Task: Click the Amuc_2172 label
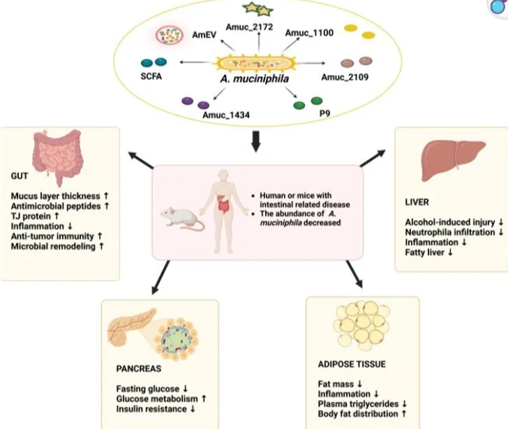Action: pos(244,27)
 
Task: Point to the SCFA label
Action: pos(150,76)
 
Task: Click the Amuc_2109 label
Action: pos(345,77)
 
